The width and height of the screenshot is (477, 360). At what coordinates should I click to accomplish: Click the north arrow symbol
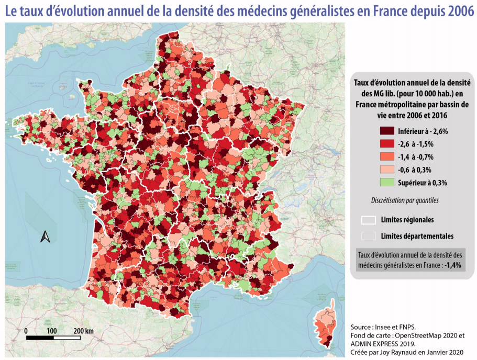coord(45,237)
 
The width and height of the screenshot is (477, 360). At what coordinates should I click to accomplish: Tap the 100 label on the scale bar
coord(51,331)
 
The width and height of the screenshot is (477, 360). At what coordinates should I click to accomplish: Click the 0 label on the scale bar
coord(26,331)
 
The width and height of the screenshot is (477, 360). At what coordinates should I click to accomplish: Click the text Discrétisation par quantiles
coord(405,200)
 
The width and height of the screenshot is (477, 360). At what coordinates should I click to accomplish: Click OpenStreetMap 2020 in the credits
coord(424,335)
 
